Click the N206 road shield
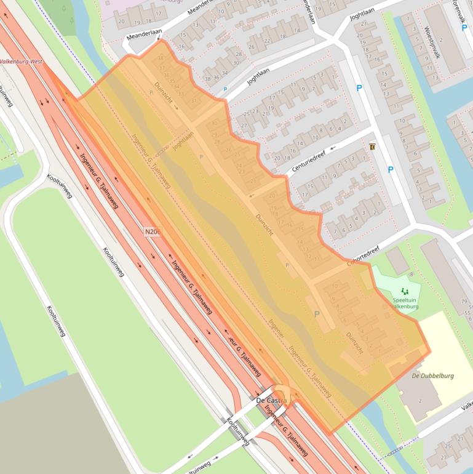pos(152,231)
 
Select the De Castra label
pos(271,401)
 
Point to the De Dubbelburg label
pos(432,376)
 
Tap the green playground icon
pos(404,291)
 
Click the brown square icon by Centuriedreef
pos(373,147)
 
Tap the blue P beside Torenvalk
pos(464,28)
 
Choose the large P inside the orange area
pos(317,314)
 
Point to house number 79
pos(463,301)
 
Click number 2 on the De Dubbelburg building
pos(420,401)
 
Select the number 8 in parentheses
pos(411,273)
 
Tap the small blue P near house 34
pos(225,89)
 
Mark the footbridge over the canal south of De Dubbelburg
pos(400,449)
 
